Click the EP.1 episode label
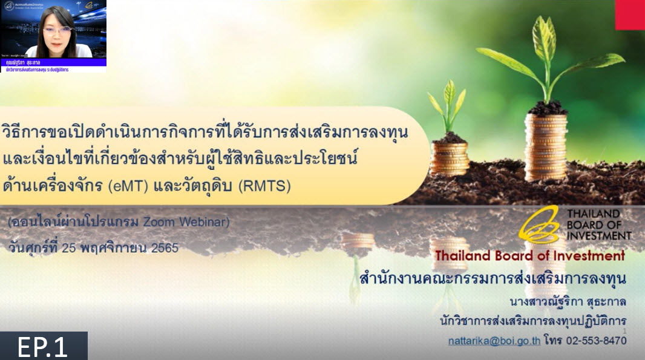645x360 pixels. (43, 347)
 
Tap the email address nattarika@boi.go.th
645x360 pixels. (494, 341)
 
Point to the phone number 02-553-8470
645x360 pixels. (596, 341)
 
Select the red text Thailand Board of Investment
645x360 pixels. (529, 256)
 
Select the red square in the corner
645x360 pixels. (630, 15)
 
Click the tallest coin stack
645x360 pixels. (545, 148)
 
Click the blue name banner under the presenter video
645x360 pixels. (53, 62)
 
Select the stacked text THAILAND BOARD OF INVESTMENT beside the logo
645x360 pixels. (598, 224)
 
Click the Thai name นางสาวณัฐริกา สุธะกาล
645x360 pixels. (568, 301)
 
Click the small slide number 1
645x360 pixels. (624, 331)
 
